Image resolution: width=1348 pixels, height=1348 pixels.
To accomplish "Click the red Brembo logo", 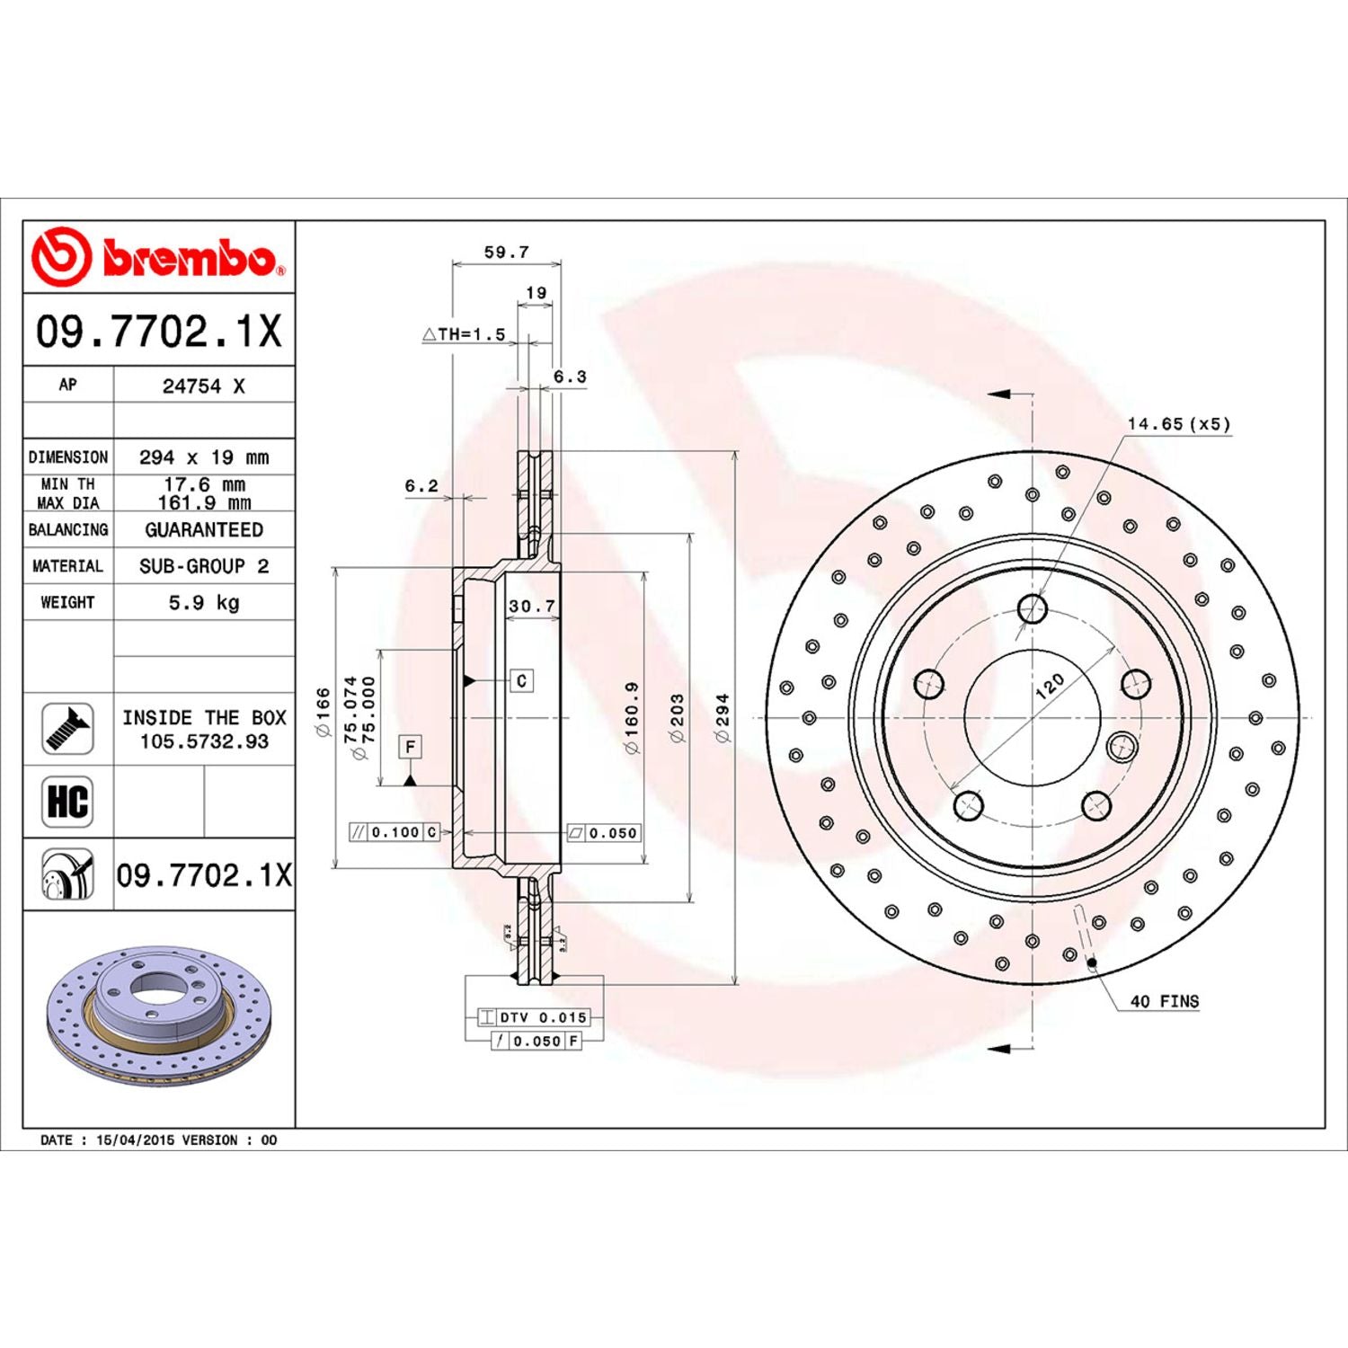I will click(x=158, y=258).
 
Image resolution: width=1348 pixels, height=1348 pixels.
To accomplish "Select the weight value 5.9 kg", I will click(x=204, y=602).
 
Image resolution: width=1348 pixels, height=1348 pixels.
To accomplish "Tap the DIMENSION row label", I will click(x=67, y=457).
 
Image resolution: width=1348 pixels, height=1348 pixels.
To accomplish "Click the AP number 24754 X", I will click(x=203, y=386).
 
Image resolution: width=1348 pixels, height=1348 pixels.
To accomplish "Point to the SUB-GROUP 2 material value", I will click(x=204, y=566).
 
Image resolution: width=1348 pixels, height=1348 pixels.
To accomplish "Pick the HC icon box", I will click(x=67, y=802).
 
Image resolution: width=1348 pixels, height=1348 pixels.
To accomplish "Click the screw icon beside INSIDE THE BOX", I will click(x=67, y=729).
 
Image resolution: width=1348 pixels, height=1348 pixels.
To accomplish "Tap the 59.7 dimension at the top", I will click(x=506, y=253).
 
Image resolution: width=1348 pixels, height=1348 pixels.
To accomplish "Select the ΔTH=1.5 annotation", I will click(x=465, y=334).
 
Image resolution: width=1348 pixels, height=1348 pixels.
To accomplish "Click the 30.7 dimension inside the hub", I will click(x=532, y=607).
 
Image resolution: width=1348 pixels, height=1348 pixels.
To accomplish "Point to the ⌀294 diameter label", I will click(x=722, y=717).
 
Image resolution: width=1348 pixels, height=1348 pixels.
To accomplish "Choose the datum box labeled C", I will click(x=521, y=681).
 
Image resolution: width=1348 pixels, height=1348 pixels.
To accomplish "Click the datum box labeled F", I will click(x=410, y=747).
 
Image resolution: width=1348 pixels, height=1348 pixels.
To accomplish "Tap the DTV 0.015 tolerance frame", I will click(x=534, y=1017).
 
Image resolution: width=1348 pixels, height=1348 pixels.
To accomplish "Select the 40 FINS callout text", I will click(x=1164, y=1001).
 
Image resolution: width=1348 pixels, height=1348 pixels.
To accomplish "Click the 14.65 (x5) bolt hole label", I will click(x=1178, y=424).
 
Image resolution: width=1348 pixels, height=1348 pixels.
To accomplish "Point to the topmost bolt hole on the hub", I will click(x=1033, y=608).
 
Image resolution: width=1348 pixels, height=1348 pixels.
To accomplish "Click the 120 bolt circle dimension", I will click(x=1049, y=687).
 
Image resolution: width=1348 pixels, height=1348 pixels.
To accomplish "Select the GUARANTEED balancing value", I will click(x=204, y=530).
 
